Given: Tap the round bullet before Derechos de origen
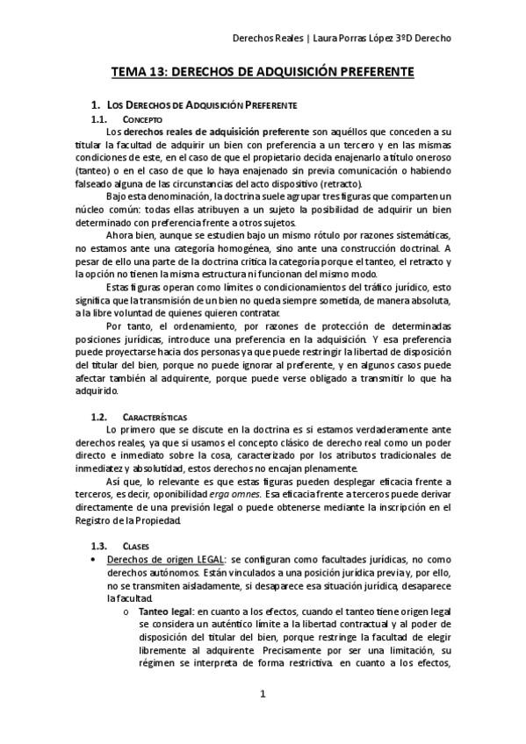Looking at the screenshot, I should tap(94, 559).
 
